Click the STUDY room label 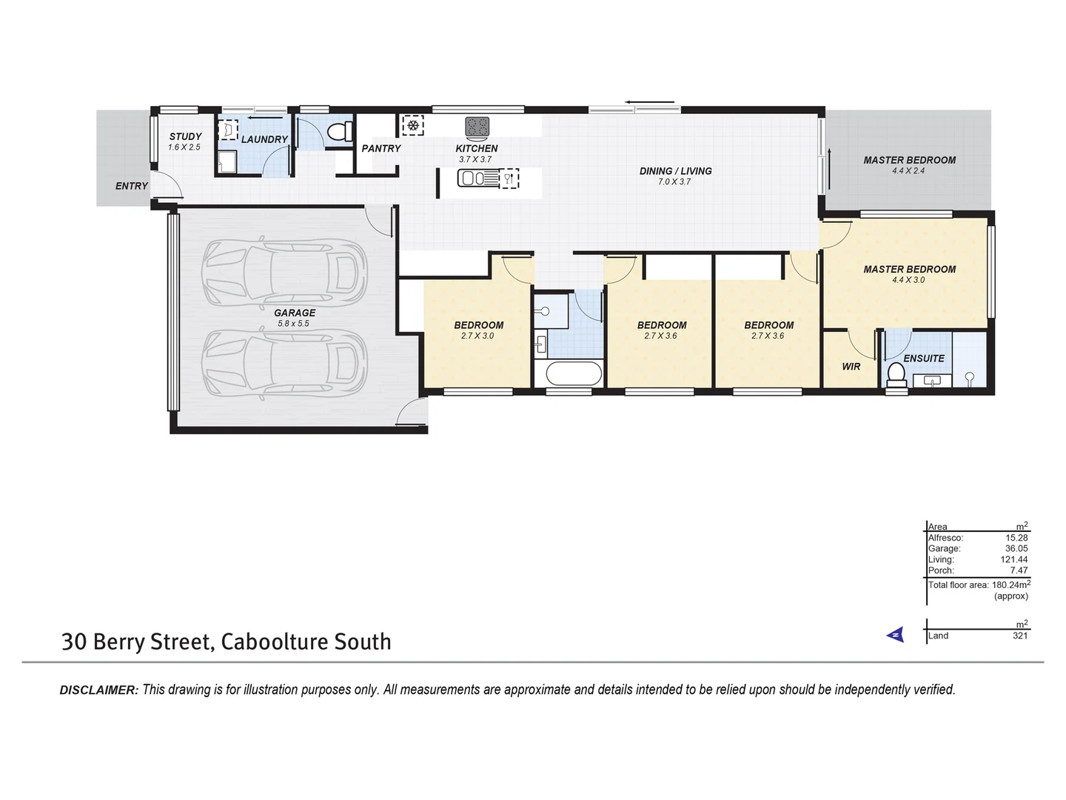click(x=185, y=136)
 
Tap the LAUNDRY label click(x=264, y=139)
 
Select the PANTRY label click(x=381, y=148)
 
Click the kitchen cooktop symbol click(x=477, y=127)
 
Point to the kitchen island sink click(x=472, y=178)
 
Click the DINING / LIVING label click(x=675, y=171)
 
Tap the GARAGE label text click(x=295, y=313)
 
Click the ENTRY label click(x=131, y=186)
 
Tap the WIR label click(x=851, y=366)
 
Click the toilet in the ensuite click(x=896, y=375)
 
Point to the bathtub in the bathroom click(x=574, y=374)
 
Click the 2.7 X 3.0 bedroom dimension click(x=477, y=336)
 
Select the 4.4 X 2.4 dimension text click(x=908, y=170)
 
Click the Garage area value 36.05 click(x=1016, y=549)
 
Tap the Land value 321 click(x=1019, y=636)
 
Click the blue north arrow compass click(x=896, y=635)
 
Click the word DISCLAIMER click(x=98, y=690)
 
